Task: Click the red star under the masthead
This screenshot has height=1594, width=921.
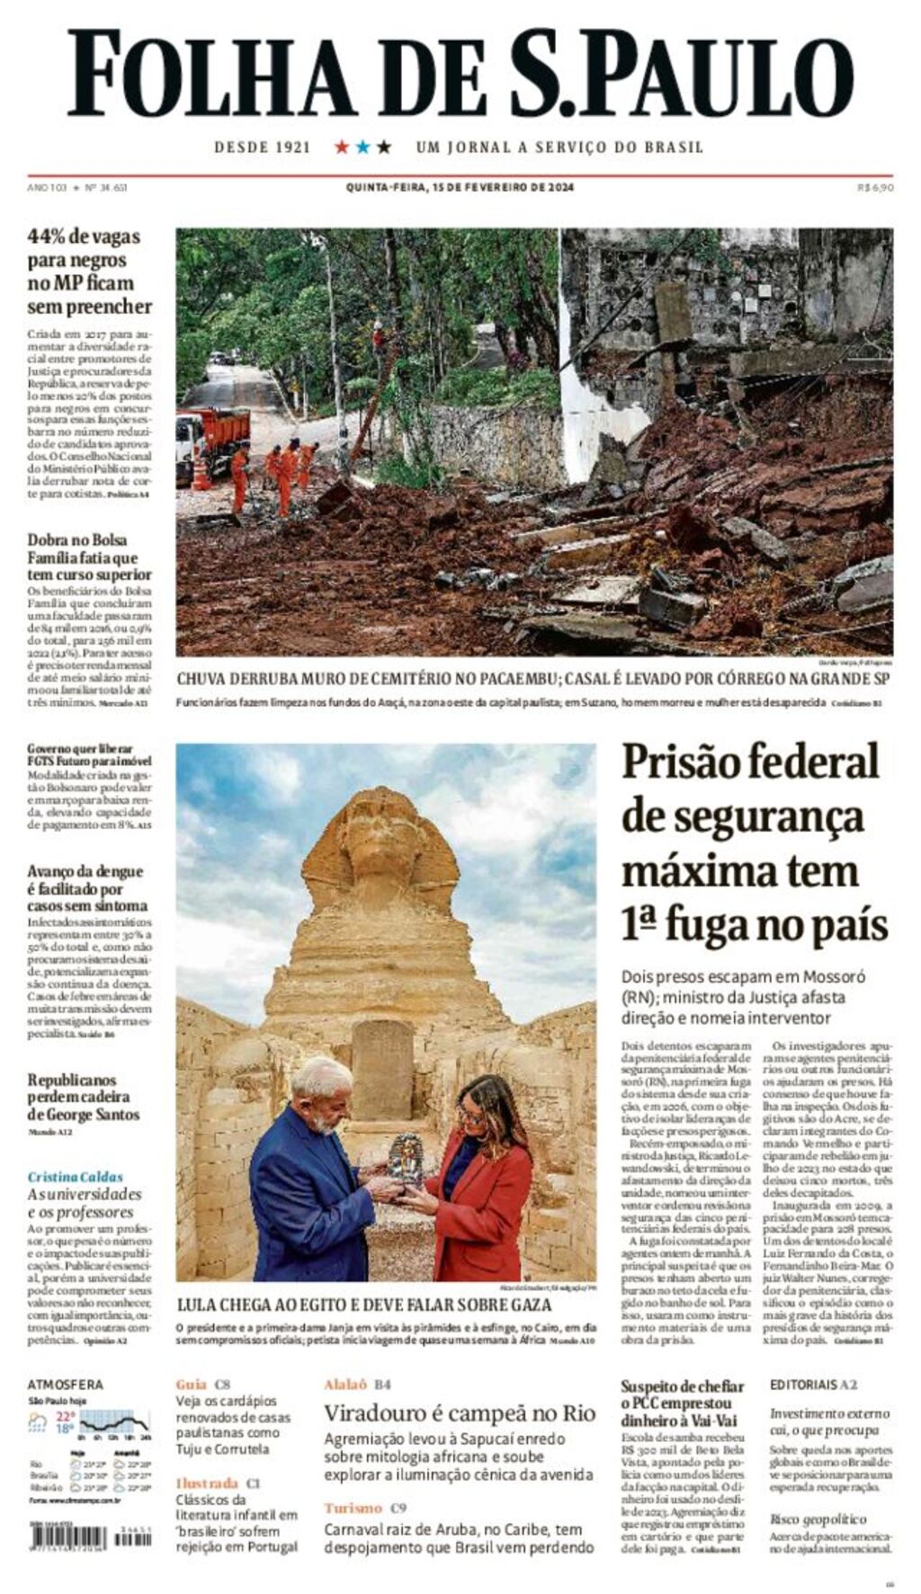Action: pos(342,147)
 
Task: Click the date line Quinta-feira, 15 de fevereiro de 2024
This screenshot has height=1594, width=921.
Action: pos(460,188)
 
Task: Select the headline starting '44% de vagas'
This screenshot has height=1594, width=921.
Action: pos(89,272)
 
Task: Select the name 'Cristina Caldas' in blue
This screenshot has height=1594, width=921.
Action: pos(75,1177)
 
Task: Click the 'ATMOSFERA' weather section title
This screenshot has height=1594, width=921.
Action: pos(65,1385)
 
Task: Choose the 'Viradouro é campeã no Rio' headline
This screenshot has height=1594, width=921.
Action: pos(460,1413)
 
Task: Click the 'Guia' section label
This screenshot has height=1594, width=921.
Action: pos(191,1385)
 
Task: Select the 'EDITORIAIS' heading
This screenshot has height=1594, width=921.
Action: pos(802,1385)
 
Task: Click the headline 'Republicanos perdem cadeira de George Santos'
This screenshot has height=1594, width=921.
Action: pos(84,1097)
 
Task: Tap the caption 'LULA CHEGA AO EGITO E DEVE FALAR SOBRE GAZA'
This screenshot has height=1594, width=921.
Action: pos(364,1305)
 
